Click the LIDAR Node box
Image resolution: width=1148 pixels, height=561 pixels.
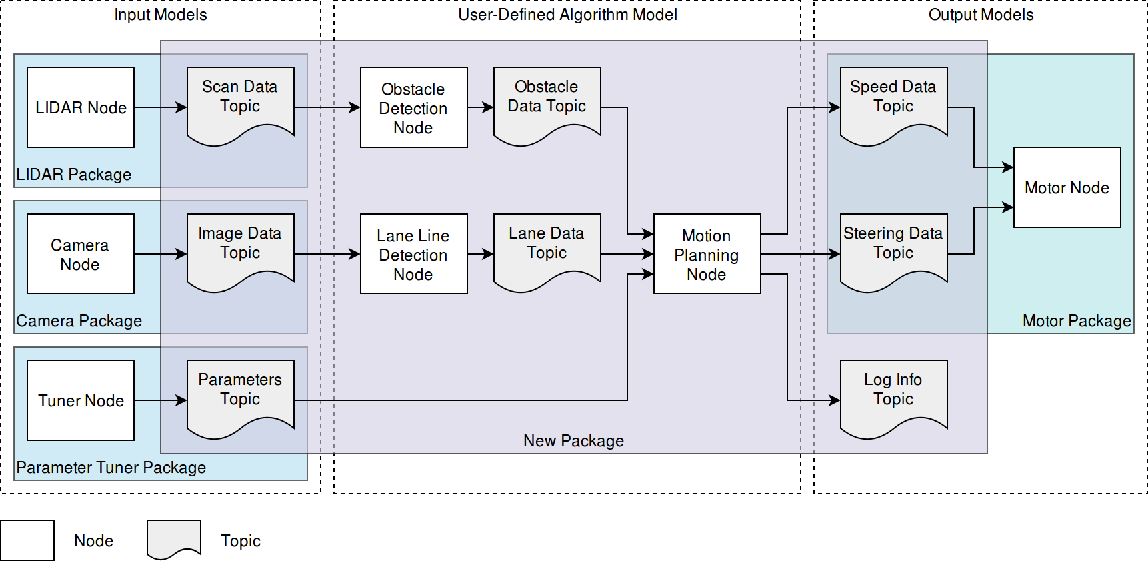(81, 107)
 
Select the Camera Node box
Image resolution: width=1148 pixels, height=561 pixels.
(81, 254)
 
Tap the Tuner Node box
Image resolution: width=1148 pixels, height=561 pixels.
(81, 400)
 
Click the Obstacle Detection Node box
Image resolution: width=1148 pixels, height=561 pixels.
(414, 107)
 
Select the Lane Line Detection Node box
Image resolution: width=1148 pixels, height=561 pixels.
(414, 254)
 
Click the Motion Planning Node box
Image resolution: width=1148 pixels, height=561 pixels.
(707, 254)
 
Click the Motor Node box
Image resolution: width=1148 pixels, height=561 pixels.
(1067, 187)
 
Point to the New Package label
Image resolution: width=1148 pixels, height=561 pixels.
(573, 441)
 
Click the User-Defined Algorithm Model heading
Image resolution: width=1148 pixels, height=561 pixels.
(567, 15)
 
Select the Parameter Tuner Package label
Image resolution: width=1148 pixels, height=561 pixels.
(111, 468)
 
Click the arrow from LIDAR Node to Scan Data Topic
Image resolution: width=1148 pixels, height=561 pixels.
(161, 107)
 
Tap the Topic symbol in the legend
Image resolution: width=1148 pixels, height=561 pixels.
(174, 539)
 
